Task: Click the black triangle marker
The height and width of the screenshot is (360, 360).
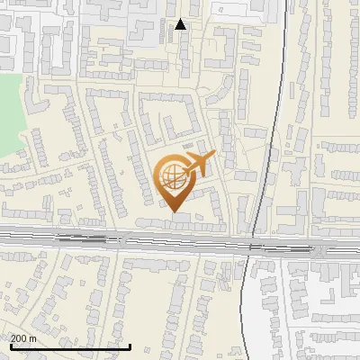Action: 181,24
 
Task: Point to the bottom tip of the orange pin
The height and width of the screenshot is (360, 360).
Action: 173,212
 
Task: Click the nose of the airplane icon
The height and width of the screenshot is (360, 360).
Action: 212,157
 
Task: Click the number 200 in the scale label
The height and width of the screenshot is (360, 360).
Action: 20,338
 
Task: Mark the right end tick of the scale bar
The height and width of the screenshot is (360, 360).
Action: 130,346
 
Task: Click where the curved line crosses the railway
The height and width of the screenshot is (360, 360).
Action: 251,242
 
